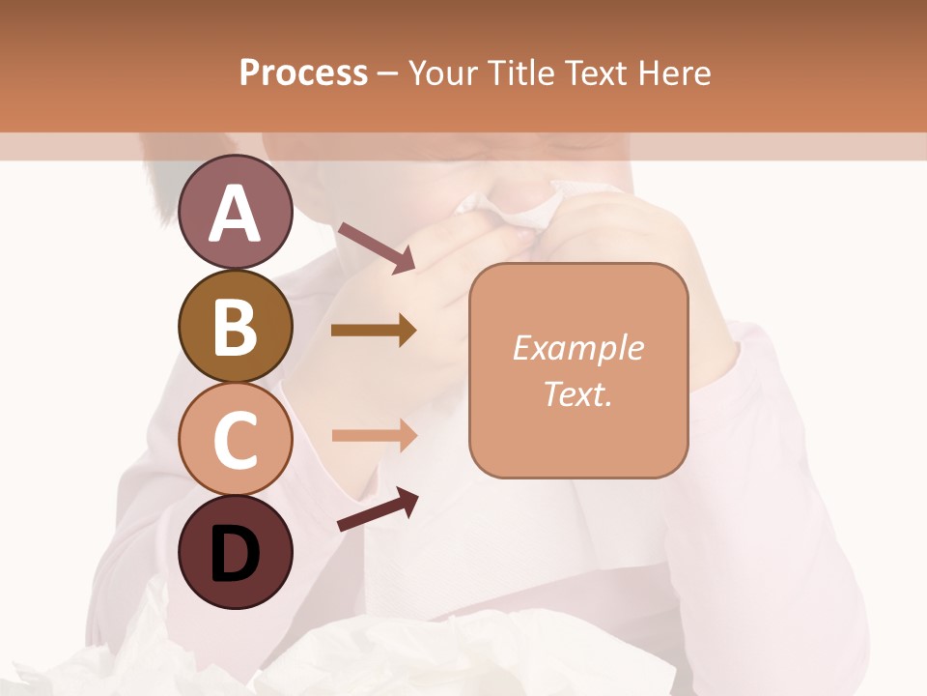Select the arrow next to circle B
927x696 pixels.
pyautogui.click(x=374, y=331)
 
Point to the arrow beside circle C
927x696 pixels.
pyautogui.click(x=374, y=435)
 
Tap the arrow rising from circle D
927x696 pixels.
pyautogui.click(x=378, y=510)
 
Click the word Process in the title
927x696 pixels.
pyautogui.click(x=303, y=73)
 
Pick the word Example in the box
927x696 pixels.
pyautogui.click(x=578, y=348)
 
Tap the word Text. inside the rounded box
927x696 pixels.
pyautogui.click(x=578, y=393)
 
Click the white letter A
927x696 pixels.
pyautogui.click(x=236, y=214)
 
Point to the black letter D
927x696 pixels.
pyautogui.click(x=235, y=555)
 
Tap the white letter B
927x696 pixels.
pyautogui.click(x=235, y=327)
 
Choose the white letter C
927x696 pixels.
pyautogui.click(x=235, y=441)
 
